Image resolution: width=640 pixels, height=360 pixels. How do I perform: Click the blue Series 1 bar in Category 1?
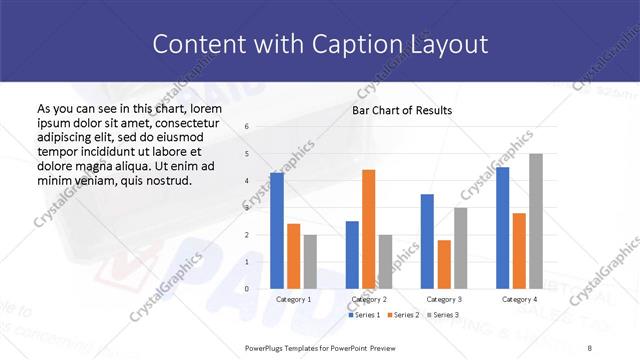(277, 231)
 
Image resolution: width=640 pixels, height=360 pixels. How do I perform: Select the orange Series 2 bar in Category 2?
(368, 229)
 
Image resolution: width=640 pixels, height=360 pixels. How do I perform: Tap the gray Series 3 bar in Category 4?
(535, 221)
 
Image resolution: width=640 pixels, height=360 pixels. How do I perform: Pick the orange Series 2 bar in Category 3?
(444, 264)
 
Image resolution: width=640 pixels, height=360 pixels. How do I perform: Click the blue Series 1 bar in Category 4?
(502, 228)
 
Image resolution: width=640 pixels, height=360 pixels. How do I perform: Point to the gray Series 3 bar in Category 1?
(309, 262)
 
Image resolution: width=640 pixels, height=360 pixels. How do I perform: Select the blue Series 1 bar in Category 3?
(427, 241)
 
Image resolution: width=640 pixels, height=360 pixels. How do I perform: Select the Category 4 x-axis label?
(518, 299)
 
